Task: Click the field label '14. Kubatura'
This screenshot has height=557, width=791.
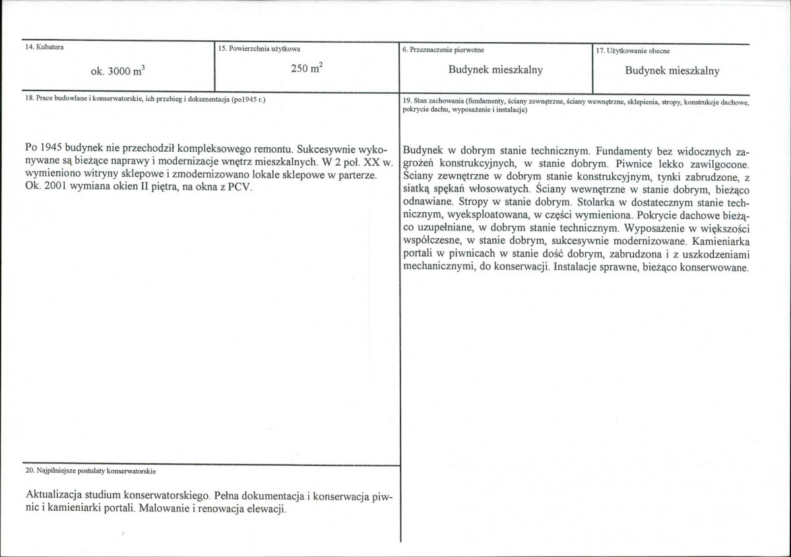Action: click(40, 48)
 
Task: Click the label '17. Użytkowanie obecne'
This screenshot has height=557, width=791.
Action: click(633, 51)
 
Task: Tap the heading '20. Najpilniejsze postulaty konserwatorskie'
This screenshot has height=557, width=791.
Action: click(90, 471)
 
